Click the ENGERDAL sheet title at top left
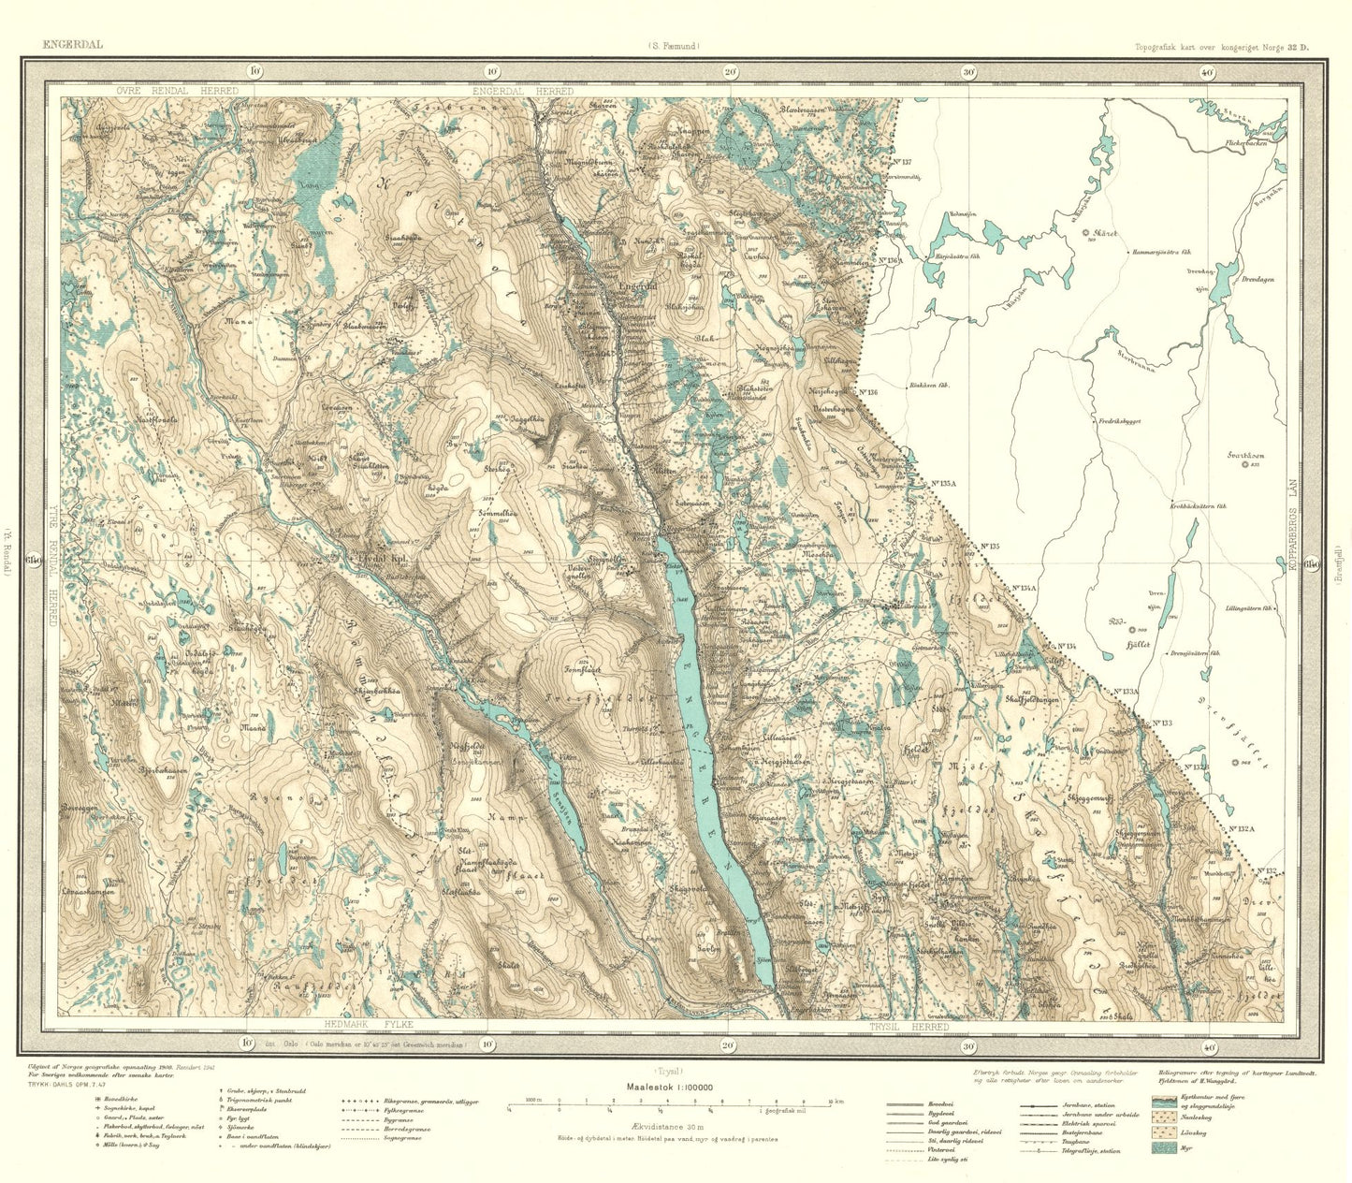[x=71, y=44]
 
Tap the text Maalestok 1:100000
[x=666, y=1087]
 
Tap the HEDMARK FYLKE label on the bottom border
[x=365, y=1026]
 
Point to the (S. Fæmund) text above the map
[x=672, y=45]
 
